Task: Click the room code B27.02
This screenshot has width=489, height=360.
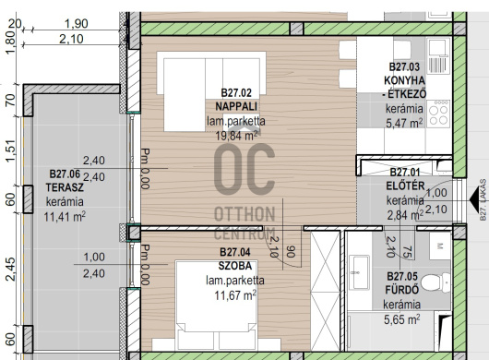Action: coord(236,93)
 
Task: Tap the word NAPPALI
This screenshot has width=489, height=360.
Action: coord(236,107)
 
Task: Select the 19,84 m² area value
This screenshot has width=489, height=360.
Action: coord(237,136)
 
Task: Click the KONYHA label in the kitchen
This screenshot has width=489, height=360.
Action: coord(404,80)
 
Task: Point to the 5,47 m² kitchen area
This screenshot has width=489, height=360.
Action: coord(404,123)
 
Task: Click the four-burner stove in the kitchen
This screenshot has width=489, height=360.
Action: coord(438,113)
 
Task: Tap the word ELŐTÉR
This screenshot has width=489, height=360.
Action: coord(405,186)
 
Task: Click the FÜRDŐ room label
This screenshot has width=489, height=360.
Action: coord(401,290)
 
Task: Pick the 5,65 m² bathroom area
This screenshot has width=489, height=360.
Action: coord(401,319)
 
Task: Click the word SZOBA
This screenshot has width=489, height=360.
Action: coord(235,266)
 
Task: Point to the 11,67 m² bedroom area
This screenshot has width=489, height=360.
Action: coord(235,295)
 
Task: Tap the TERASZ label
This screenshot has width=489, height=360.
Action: coord(65,187)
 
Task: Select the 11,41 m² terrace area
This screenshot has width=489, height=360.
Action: coord(65,217)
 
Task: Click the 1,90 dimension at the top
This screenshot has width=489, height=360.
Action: coord(76,24)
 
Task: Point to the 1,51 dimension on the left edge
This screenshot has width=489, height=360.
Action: coord(10,150)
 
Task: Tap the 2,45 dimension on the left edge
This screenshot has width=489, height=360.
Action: coord(10,270)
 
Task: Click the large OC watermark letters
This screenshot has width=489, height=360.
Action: coord(244,170)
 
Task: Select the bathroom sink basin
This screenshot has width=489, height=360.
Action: coord(359,272)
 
